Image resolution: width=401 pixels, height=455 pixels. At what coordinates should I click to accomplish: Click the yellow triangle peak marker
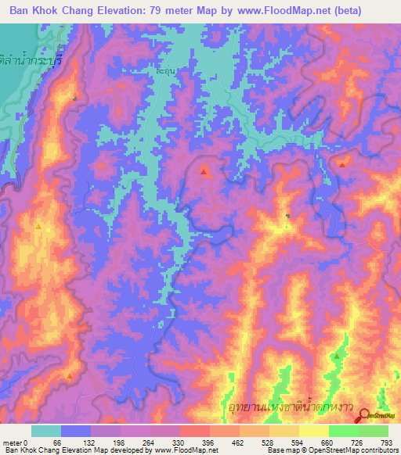point(38,227)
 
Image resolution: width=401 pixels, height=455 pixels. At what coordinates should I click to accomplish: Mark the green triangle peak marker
point(336,356)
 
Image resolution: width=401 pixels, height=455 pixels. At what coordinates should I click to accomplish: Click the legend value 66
point(56,442)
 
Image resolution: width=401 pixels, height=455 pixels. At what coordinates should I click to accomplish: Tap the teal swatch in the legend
point(46,431)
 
